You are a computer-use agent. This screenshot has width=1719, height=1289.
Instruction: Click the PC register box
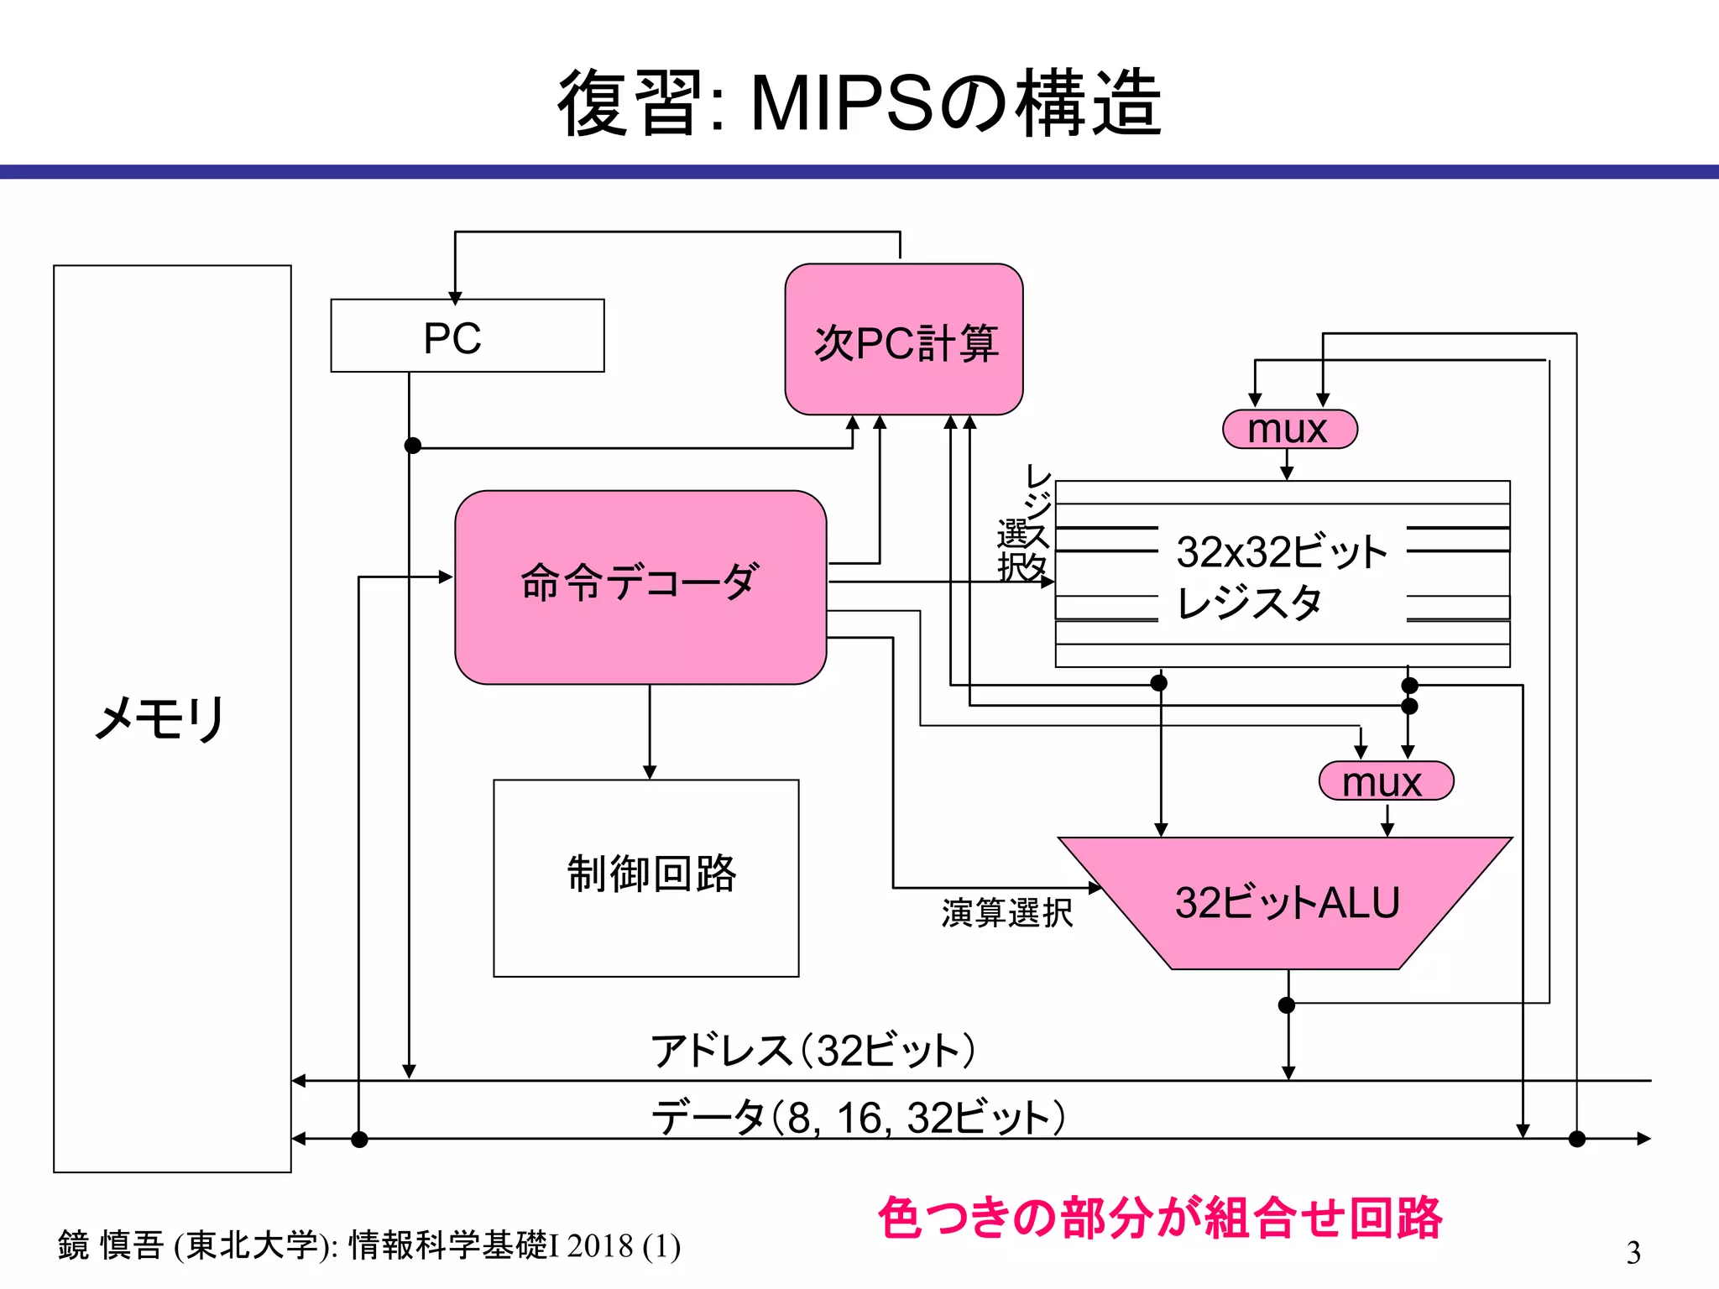(x=467, y=336)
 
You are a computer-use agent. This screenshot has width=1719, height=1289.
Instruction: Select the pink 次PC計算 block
(x=904, y=340)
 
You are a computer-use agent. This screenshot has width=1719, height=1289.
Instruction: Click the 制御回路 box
(x=646, y=878)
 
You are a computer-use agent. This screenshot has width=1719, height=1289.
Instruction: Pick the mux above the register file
(x=1289, y=430)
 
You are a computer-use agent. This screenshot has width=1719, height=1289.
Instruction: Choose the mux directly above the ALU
(x=1386, y=781)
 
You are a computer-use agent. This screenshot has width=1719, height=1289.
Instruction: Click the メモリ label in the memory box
(x=159, y=719)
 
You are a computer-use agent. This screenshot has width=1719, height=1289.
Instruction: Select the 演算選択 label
(x=1006, y=912)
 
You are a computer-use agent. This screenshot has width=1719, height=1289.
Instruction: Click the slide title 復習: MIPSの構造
(x=859, y=104)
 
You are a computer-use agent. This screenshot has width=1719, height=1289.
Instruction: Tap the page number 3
(x=1633, y=1253)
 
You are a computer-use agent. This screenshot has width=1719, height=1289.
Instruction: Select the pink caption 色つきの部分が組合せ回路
(x=1159, y=1218)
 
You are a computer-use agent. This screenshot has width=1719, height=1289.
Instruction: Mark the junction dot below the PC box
(x=412, y=446)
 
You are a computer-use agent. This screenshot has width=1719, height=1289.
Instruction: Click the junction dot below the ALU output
(x=1287, y=1005)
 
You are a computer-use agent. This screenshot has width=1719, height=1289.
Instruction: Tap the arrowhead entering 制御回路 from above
(x=649, y=772)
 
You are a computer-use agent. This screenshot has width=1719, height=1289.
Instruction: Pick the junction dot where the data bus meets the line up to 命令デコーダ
(x=359, y=1139)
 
